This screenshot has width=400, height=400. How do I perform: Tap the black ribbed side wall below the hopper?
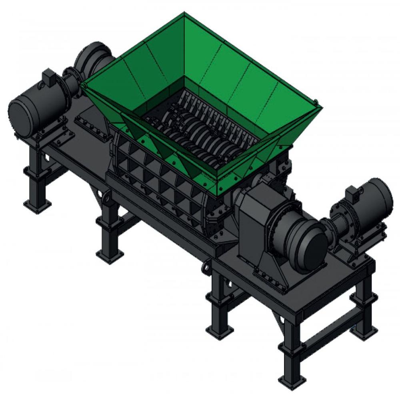160,176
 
